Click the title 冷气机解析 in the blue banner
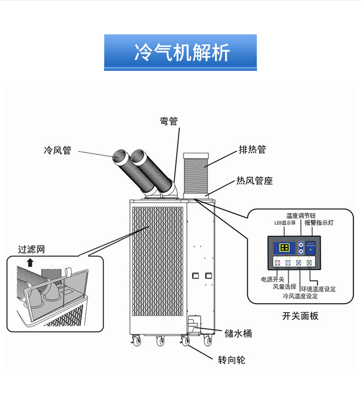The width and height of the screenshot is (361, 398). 180,53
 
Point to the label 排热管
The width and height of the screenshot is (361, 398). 252,149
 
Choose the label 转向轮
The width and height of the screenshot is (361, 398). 231,360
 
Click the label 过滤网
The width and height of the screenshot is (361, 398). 31,249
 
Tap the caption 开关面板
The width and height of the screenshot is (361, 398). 300,316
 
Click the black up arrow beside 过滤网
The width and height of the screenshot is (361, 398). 30,262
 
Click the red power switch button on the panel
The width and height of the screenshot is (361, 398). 278,263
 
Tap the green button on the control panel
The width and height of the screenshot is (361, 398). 309,263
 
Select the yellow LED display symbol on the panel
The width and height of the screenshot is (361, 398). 285,247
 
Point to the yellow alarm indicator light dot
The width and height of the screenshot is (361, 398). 311,249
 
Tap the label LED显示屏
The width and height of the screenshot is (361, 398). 285,223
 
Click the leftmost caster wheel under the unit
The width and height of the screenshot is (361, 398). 136,340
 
